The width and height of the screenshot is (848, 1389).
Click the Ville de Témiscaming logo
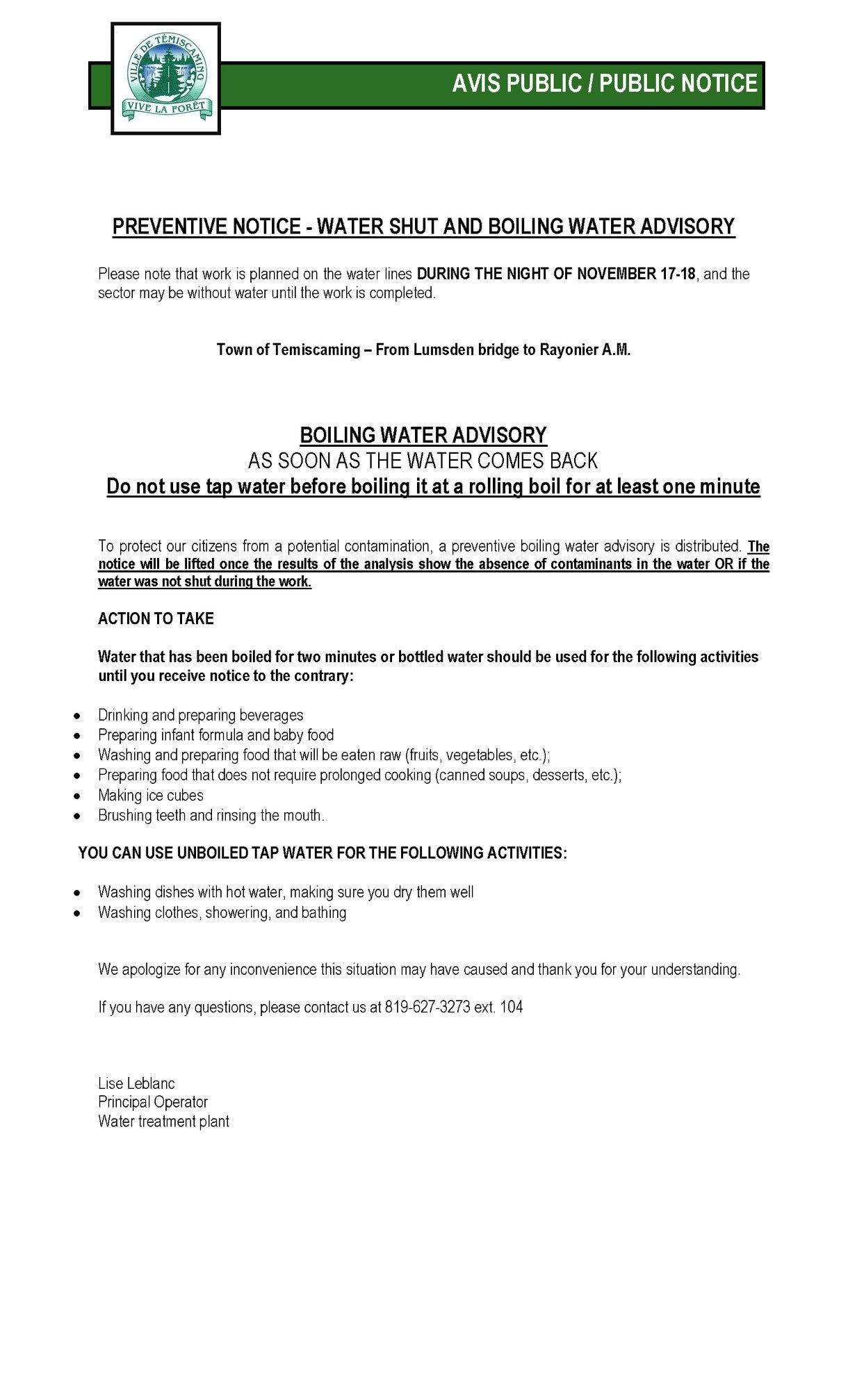(166, 79)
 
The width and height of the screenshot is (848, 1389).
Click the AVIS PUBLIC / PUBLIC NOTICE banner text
(604, 84)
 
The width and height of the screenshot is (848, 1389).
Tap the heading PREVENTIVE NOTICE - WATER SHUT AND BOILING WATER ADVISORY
(423, 227)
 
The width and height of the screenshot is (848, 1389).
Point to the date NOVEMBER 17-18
(636, 274)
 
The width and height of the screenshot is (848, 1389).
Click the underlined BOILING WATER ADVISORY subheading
(423, 436)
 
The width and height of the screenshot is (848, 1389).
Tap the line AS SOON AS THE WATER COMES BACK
(423, 461)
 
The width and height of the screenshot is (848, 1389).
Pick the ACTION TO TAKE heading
(156, 619)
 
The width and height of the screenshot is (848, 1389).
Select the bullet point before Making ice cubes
(78, 796)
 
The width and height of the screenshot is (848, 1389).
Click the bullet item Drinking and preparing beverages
(200, 715)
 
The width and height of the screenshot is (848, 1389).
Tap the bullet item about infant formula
(215, 735)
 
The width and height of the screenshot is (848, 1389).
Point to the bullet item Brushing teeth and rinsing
(211, 815)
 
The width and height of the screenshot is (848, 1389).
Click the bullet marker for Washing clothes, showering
(78, 913)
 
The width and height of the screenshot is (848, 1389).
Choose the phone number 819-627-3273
(427, 1007)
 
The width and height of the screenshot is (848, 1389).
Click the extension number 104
(511, 1007)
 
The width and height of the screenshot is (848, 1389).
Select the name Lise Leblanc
(136, 1083)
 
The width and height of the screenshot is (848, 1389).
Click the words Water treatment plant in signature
(163, 1121)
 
